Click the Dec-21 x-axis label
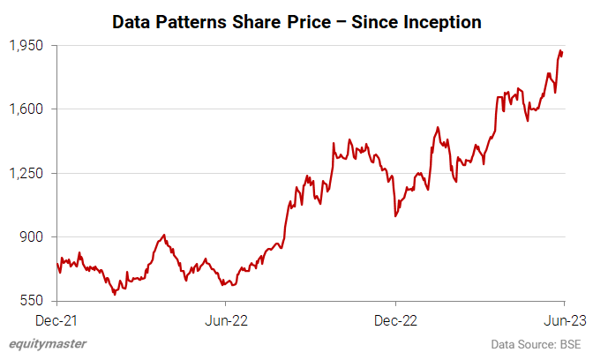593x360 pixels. (x=56, y=319)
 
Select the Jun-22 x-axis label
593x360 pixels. (x=226, y=319)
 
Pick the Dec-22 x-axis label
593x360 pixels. (x=395, y=319)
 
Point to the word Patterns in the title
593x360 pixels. (x=189, y=22)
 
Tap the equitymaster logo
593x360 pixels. (x=48, y=344)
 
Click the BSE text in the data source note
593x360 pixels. (x=568, y=344)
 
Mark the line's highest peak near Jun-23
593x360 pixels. (x=561, y=50)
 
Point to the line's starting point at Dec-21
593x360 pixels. (x=56, y=263)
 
